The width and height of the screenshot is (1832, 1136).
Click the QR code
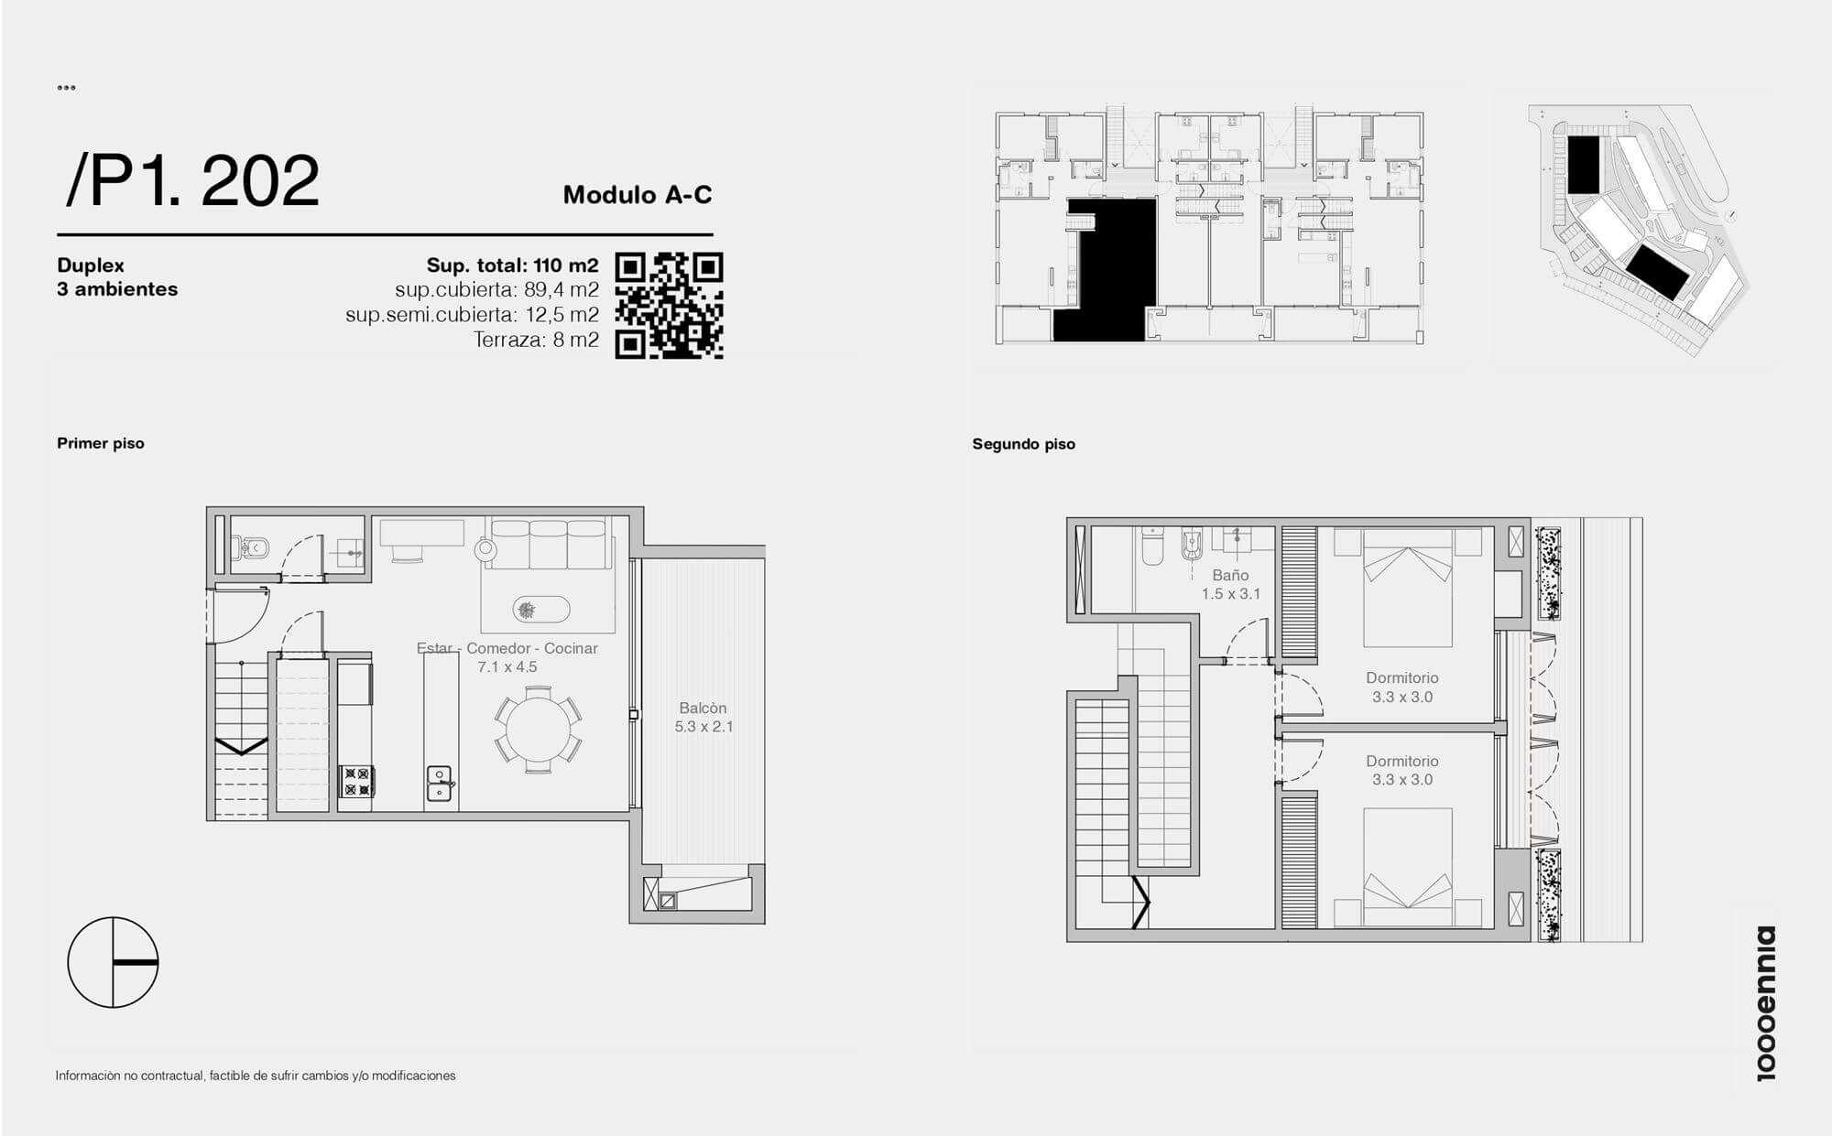coord(669,306)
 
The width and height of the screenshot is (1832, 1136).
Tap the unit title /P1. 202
coord(192,180)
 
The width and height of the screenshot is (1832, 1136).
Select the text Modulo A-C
coord(638,194)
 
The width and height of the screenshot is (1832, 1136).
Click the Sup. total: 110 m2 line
coord(512,265)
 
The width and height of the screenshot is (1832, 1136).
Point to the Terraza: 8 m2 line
coord(536,341)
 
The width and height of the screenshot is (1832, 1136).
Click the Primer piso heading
coord(101,443)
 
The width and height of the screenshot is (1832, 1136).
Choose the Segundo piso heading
coord(1023,444)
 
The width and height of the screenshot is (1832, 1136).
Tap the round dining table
coord(539,730)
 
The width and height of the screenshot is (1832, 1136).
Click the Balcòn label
coord(703,708)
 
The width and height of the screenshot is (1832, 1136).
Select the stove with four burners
coord(356,782)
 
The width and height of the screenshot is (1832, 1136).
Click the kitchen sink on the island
coord(439,783)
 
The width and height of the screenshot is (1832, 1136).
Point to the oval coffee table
coord(540,609)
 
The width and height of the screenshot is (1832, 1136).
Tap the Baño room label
coord(1230,575)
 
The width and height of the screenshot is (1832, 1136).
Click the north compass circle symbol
coord(114,962)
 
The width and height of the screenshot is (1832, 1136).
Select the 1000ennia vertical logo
coord(1765,1003)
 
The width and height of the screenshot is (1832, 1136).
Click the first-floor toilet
coord(249,547)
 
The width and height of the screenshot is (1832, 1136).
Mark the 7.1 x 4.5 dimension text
coord(507,666)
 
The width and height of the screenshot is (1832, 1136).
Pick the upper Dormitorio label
coord(1401,677)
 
